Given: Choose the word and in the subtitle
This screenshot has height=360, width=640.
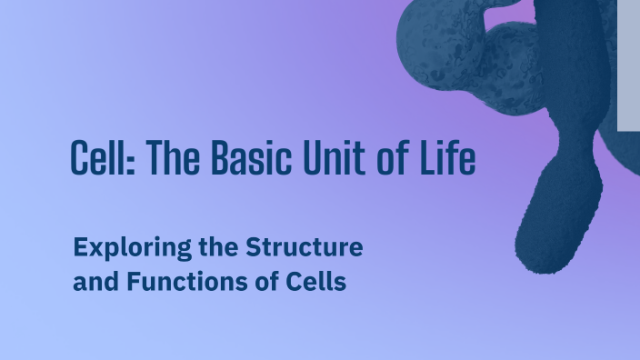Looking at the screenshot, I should point(93,282).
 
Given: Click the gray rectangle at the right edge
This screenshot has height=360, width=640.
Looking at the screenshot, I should point(628,64).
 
